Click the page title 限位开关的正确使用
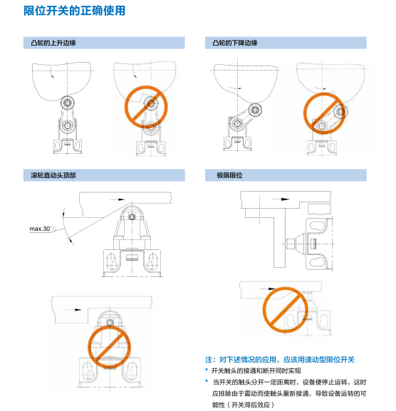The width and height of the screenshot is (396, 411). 75,11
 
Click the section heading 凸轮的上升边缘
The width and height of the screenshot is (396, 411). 53,43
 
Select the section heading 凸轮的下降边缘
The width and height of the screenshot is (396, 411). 235,43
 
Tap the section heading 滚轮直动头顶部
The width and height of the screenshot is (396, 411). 53,175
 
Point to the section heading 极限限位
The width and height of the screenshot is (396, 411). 229,175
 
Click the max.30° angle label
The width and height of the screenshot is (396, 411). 41,229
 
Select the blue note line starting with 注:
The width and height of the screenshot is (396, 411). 280,360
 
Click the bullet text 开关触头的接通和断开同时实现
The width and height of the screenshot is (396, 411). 256,370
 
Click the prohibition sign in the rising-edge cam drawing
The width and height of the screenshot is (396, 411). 146,107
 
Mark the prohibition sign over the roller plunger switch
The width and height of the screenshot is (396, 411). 109,347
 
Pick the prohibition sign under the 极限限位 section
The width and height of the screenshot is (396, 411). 285,310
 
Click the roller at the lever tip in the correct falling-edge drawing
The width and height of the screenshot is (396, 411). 255,110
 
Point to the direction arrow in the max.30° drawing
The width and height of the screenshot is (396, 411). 118,199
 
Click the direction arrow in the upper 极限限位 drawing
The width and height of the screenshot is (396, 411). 281,199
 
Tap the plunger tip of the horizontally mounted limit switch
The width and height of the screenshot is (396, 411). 289,244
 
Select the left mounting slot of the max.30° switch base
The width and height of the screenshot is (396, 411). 110,261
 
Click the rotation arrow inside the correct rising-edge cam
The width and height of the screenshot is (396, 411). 51,72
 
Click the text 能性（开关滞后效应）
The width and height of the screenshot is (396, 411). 243,405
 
